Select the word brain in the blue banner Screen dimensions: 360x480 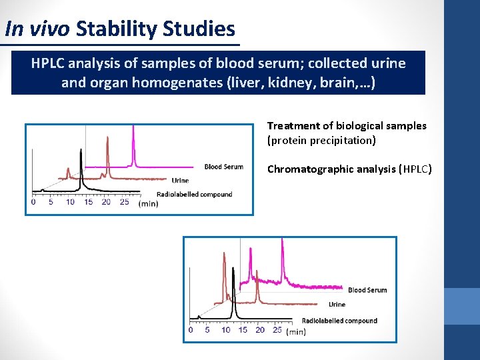(335, 83)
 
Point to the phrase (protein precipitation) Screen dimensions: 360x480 (321, 140)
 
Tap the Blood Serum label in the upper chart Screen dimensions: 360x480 (223, 167)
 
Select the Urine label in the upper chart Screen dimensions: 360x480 (180, 180)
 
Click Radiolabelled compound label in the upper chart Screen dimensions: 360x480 (194, 194)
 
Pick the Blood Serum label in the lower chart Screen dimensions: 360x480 (367, 290)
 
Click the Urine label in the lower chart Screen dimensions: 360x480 (337, 305)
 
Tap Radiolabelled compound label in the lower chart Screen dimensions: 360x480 (339, 321)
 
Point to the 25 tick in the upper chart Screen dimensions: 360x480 (124, 202)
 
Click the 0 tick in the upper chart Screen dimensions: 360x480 (34, 202)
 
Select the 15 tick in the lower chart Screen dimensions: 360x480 (243, 330)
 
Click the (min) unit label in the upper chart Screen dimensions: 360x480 (148, 203)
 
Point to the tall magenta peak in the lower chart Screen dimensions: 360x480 (283, 257)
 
